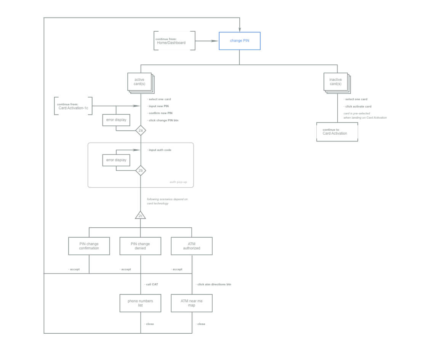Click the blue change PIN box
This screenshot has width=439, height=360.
[239, 41]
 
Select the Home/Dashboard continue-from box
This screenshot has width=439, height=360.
[175, 41]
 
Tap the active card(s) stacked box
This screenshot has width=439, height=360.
[139, 82]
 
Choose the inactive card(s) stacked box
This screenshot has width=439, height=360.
[336, 82]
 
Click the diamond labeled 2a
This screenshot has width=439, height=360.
[141, 130]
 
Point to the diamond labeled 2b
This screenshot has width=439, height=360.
[141, 170]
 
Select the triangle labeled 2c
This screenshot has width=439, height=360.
[141, 215]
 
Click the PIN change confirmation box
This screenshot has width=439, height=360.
[89, 246]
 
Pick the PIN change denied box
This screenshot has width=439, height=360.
[140, 246]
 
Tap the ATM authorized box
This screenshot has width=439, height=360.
[192, 246]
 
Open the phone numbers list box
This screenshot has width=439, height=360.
[140, 303]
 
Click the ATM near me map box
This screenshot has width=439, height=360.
[192, 303]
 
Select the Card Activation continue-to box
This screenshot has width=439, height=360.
[337, 132]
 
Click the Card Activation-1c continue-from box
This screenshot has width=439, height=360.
[73, 106]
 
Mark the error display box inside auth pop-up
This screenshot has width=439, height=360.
[116, 160]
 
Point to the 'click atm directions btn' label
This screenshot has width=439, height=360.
[214, 284]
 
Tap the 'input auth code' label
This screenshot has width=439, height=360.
[160, 150]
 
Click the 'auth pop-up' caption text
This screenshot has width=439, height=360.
[178, 182]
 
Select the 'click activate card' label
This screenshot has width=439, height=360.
[358, 107]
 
